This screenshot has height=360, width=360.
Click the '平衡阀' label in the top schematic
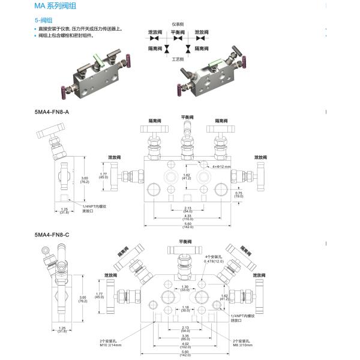coord(178,31)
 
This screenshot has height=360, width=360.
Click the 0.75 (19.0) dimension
coord(239,194)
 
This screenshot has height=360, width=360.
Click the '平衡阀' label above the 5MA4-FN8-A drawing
coord(186,117)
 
